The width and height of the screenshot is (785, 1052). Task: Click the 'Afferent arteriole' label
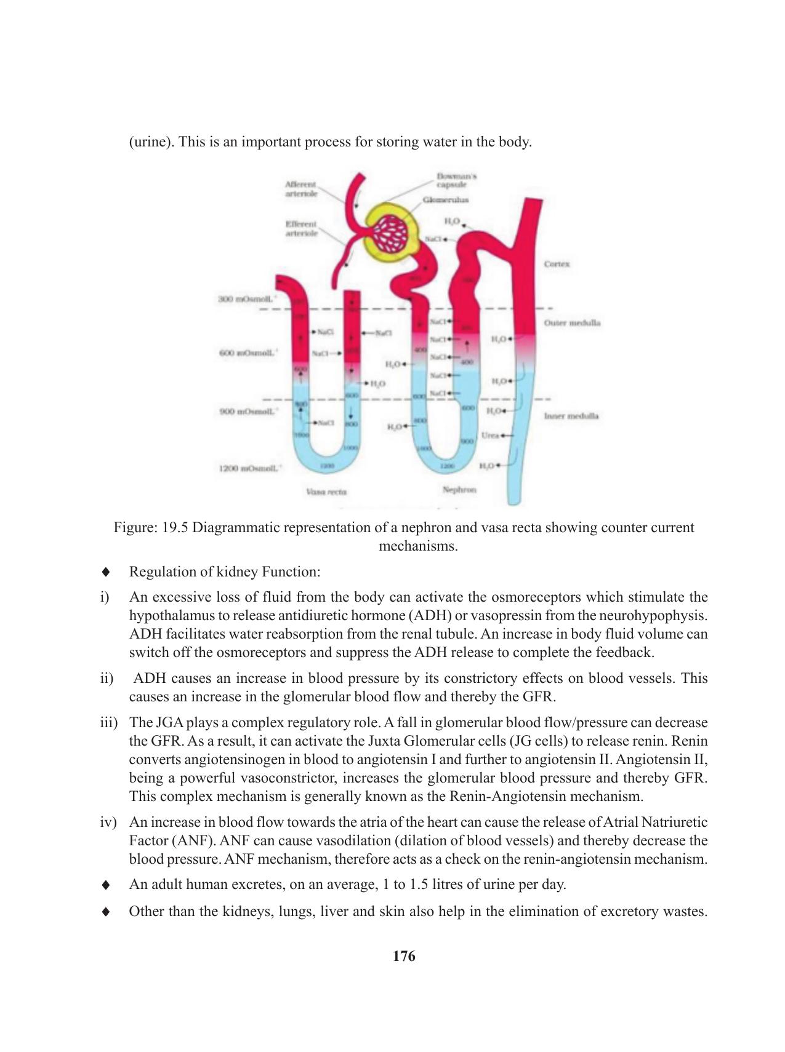point(301,188)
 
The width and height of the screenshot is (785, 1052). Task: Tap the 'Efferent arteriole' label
point(301,228)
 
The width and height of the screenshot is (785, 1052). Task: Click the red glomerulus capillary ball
point(392,233)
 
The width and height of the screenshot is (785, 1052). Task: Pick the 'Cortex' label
point(557,264)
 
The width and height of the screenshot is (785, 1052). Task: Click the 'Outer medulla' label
point(572,322)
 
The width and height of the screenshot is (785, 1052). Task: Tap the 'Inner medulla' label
point(571,416)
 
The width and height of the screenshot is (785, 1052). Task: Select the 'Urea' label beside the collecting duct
point(489,435)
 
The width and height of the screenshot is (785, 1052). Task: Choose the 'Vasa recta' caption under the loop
point(326,492)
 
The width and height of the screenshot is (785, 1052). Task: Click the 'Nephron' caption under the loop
point(459,490)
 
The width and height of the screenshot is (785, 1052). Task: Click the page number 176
point(403,956)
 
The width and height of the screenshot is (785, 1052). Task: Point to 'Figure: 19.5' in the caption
point(151,528)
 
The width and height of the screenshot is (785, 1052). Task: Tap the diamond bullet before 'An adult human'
point(106,885)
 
